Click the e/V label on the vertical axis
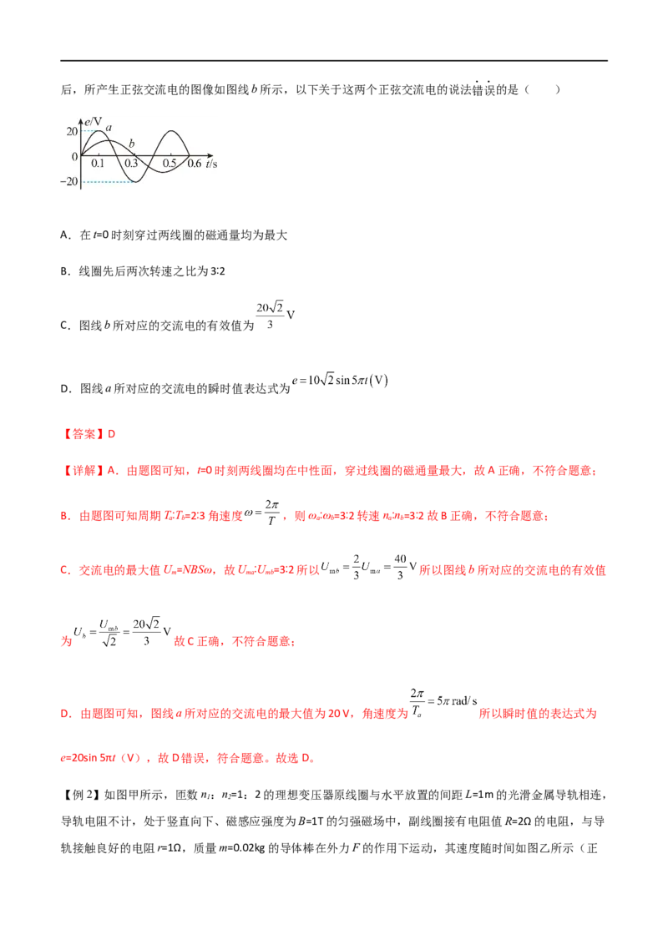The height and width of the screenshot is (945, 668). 94,123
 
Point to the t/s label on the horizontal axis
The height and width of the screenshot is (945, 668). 212,163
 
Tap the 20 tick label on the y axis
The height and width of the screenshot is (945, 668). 72,132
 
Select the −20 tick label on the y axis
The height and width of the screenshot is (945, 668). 68,182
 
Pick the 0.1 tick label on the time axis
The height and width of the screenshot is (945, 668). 99,164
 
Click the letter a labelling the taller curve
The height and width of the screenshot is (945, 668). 109,128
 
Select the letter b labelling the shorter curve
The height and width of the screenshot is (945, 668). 132,144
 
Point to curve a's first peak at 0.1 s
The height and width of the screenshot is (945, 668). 97,131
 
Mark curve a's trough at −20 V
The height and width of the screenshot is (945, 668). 134,181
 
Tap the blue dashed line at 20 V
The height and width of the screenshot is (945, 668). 89,131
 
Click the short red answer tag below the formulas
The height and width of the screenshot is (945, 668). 91,434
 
